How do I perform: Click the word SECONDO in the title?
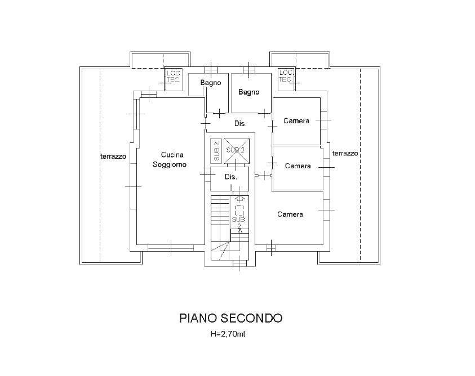coord(252,318)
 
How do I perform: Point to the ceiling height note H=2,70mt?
coord(228,334)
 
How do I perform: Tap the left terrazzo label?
coord(113,156)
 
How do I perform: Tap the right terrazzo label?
coord(345,153)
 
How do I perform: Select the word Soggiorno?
coord(169,164)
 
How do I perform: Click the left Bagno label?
coord(211,83)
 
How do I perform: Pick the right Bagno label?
coord(248,92)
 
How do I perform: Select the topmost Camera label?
coord(296,120)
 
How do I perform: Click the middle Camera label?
coord(298,165)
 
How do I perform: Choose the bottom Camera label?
coord(290,214)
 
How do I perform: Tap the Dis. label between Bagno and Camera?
coord(241,123)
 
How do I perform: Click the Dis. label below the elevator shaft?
coord(230,177)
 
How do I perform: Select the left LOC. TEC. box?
coord(173,76)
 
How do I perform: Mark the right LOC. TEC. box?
coord(286,75)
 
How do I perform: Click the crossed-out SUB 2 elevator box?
coord(235,150)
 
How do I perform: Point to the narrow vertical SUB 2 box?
coord(215,150)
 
